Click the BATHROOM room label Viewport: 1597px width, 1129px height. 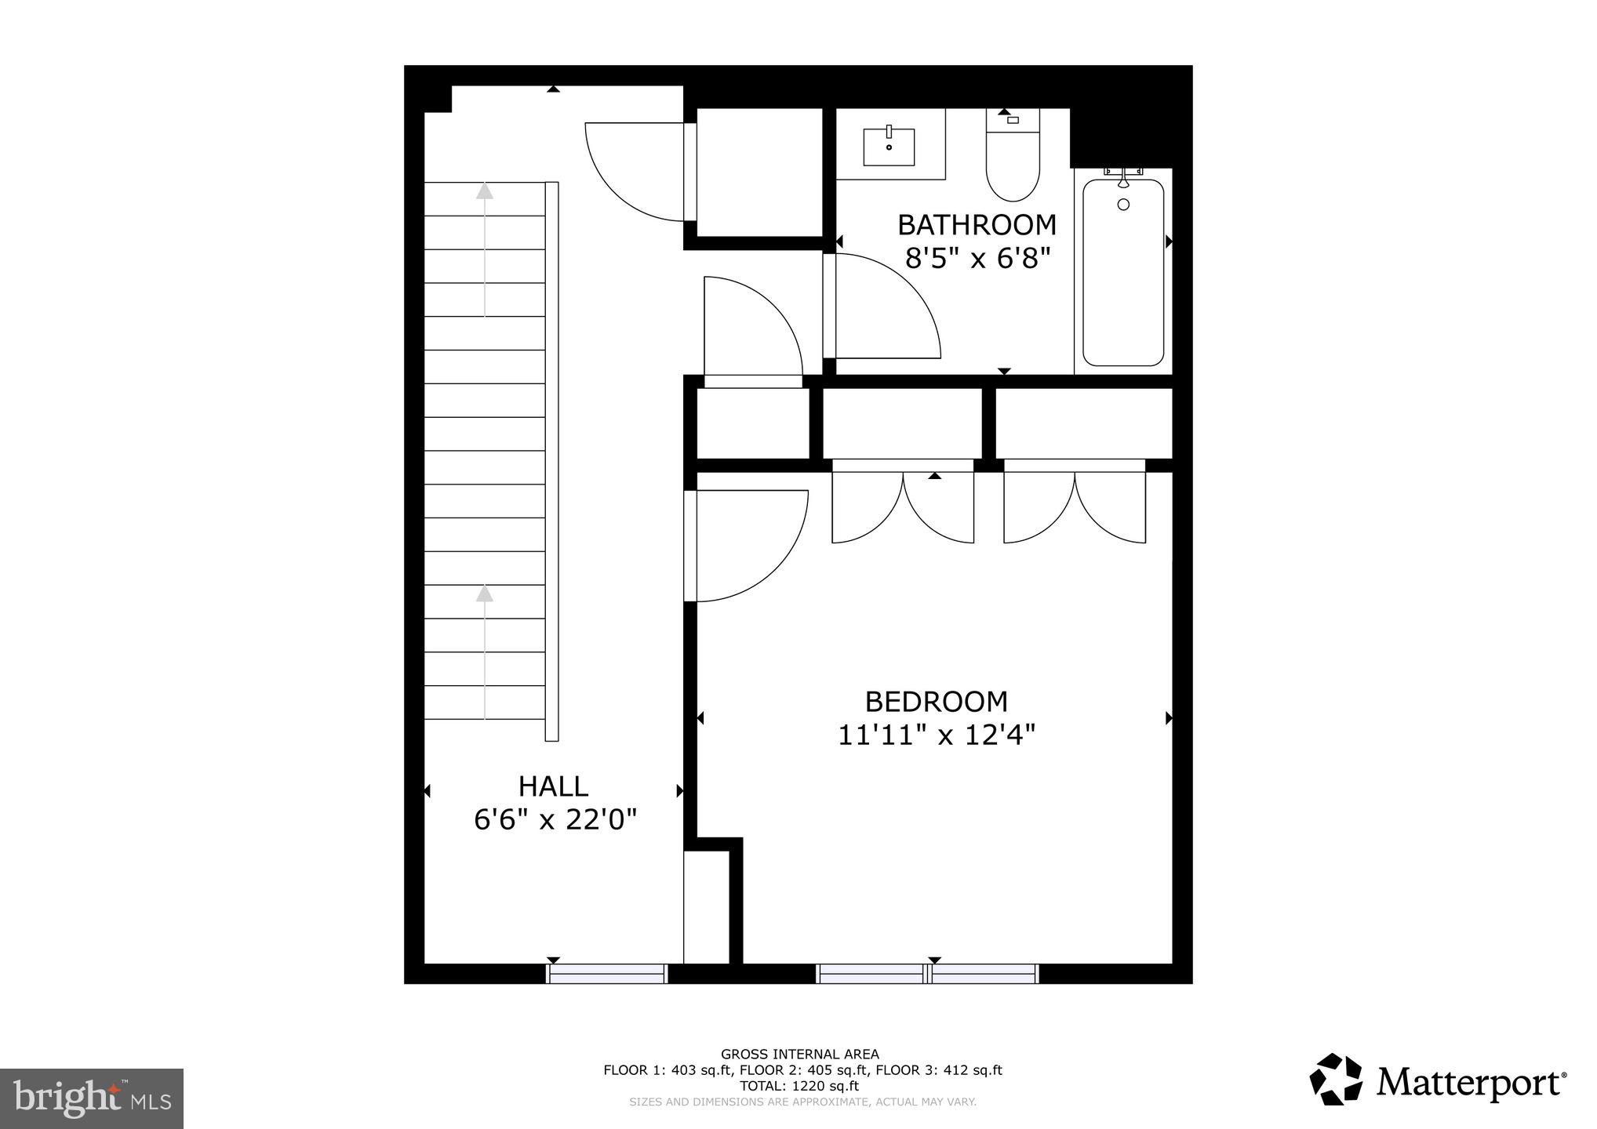point(977,225)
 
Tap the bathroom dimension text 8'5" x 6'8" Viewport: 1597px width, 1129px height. point(977,258)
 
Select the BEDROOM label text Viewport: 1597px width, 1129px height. point(936,701)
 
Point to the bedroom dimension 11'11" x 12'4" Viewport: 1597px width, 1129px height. point(936,735)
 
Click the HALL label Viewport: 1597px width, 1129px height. point(553,786)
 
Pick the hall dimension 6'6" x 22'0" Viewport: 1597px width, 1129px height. point(555,820)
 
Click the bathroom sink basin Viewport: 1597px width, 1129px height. point(889,147)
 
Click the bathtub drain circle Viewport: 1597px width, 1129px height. point(1123,205)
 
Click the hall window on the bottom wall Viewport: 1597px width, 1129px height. point(606,974)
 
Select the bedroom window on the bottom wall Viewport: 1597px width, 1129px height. point(927,974)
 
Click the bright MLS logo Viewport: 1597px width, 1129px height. point(91,1098)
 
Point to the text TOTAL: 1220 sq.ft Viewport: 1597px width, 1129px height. point(799,1086)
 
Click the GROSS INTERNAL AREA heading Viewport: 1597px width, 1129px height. point(799,1055)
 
